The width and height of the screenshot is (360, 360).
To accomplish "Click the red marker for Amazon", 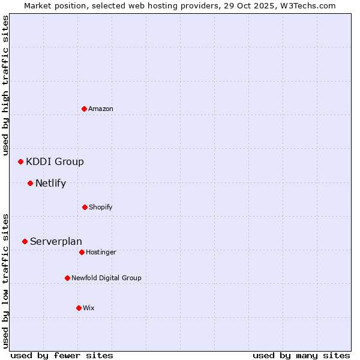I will pyautogui.click(x=84, y=109).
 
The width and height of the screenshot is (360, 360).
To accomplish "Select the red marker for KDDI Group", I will pyautogui.click(x=20, y=161).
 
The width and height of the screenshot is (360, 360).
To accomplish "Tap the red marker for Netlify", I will pyautogui.click(x=30, y=183).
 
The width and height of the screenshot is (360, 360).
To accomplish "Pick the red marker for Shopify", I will pyautogui.click(x=85, y=207).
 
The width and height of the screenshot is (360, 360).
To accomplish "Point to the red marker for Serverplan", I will pyautogui.click(x=25, y=241).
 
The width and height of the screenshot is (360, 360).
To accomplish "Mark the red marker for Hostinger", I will pyautogui.click(x=82, y=252).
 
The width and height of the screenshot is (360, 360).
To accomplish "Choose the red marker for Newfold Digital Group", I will pyautogui.click(x=67, y=278).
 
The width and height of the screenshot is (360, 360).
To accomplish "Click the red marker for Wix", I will pyautogui.click(x=79, y=308).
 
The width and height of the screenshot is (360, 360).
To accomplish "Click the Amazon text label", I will pyautogui.click(x=101, y=109).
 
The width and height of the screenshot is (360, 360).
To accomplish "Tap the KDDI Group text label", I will pyautogui.click(x=55, y=161).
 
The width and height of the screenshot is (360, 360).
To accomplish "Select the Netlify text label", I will pyautogui.click(x=50, y=183).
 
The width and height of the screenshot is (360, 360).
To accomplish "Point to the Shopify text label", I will pyautogui.click(x=101, y=207).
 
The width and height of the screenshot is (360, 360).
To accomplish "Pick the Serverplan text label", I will pyautogui.click(x=56, y=241).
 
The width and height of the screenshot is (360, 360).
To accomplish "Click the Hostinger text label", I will pyautogui.click(x=101, y=252).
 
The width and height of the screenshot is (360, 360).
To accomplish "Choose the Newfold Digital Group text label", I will pyautogui.click(x=106, y=278).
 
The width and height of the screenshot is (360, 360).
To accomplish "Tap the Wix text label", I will pyautogui.click(x=89, y=308).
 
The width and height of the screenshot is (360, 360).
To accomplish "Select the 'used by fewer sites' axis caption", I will pyautogui.click(x=62, y=355).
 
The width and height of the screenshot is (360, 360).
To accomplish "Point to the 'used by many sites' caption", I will pyautogui.click(x=301, y=355).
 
